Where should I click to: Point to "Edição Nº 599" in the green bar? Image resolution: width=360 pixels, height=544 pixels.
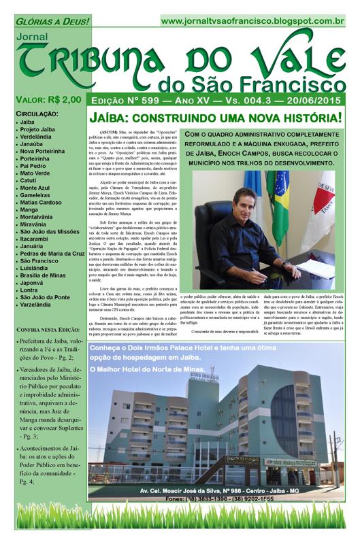131,101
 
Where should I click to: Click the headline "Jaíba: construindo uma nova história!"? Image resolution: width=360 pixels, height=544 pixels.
216,118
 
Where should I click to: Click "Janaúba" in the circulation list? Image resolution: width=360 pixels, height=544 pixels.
36,143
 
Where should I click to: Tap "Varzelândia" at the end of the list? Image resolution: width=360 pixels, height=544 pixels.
40,305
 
